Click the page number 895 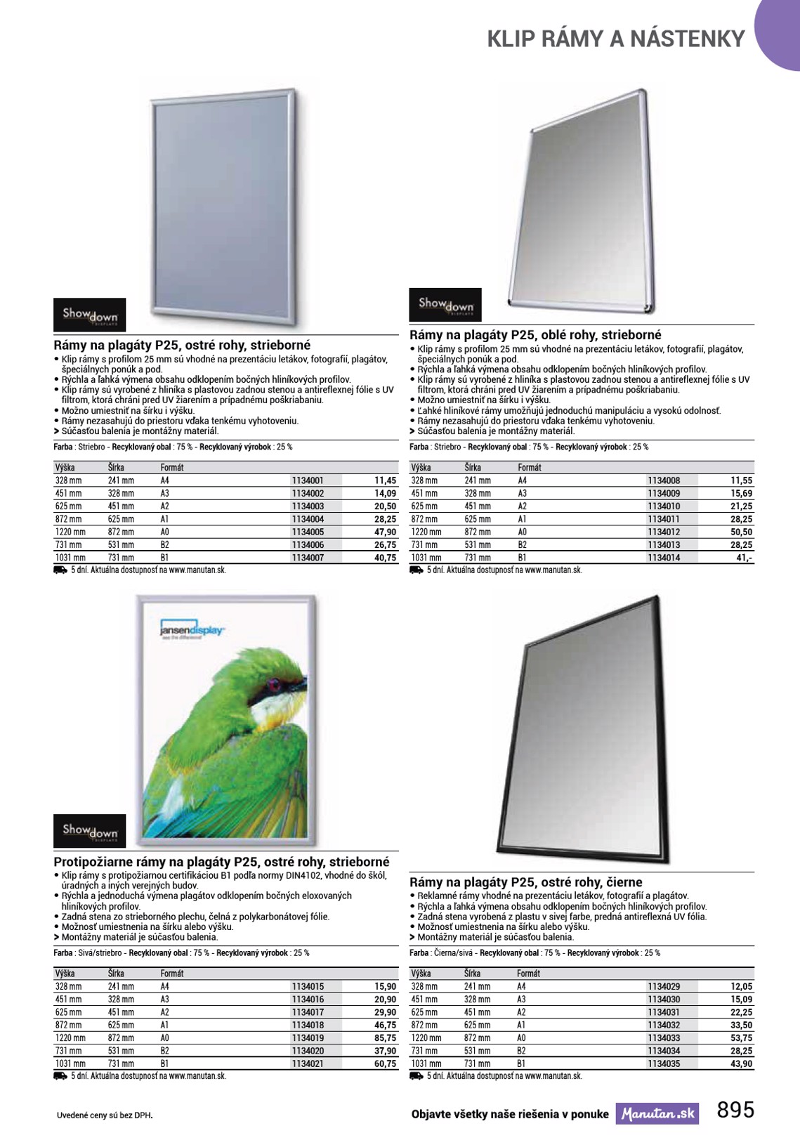(x=735, y=1110)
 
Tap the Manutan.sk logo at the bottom (x=657, y=1114)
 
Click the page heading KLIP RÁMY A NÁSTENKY (x=615, y=38)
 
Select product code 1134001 (x=308, y=480)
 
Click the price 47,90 (x=385, y=532)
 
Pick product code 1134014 (x=664, y=558)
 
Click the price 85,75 (x=385, y=1038)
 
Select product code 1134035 (x=664, y=1063)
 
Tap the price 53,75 (x=741, y=1038)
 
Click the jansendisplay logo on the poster (x=192, y=629)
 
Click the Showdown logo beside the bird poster (x=90, y=831)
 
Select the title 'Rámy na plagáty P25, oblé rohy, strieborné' (x=535, y=335)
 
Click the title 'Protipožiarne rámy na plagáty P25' (x=221, y=862)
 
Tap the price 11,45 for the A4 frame (x=385, y=480)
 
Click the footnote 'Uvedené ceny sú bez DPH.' (x=105, y=1115)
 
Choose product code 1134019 (x=308, y=1038)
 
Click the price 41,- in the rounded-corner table (x=744, y=558)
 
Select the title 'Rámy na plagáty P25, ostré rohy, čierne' (x=525, y=882)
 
